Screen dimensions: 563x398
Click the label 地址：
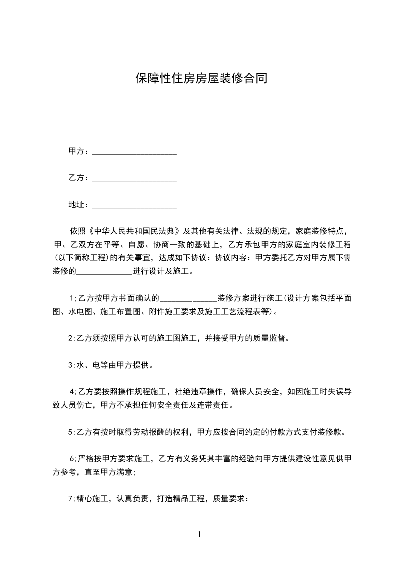79,204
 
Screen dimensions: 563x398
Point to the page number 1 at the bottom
199,534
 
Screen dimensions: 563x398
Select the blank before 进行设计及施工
104,272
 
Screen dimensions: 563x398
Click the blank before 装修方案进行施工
188,297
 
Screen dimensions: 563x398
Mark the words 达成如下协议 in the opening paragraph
183,259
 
